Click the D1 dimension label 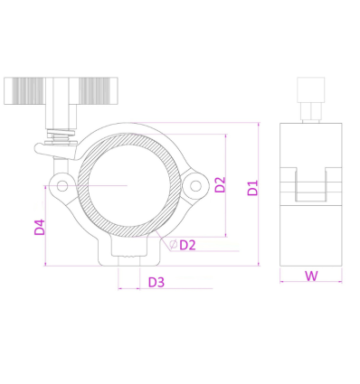(x=253, y=188)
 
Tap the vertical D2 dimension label (x=220, y=184)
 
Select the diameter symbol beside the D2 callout (x=174, y=244)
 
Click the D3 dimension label (x=156, y=282)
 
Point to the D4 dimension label (x=40, y=227)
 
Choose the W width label (x=311, y=276)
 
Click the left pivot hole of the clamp (x=62, y=186)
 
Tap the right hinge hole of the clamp (x=195, y=186)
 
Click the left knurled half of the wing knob (x=24, y=91)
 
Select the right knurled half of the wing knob (x=98, y=91)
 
